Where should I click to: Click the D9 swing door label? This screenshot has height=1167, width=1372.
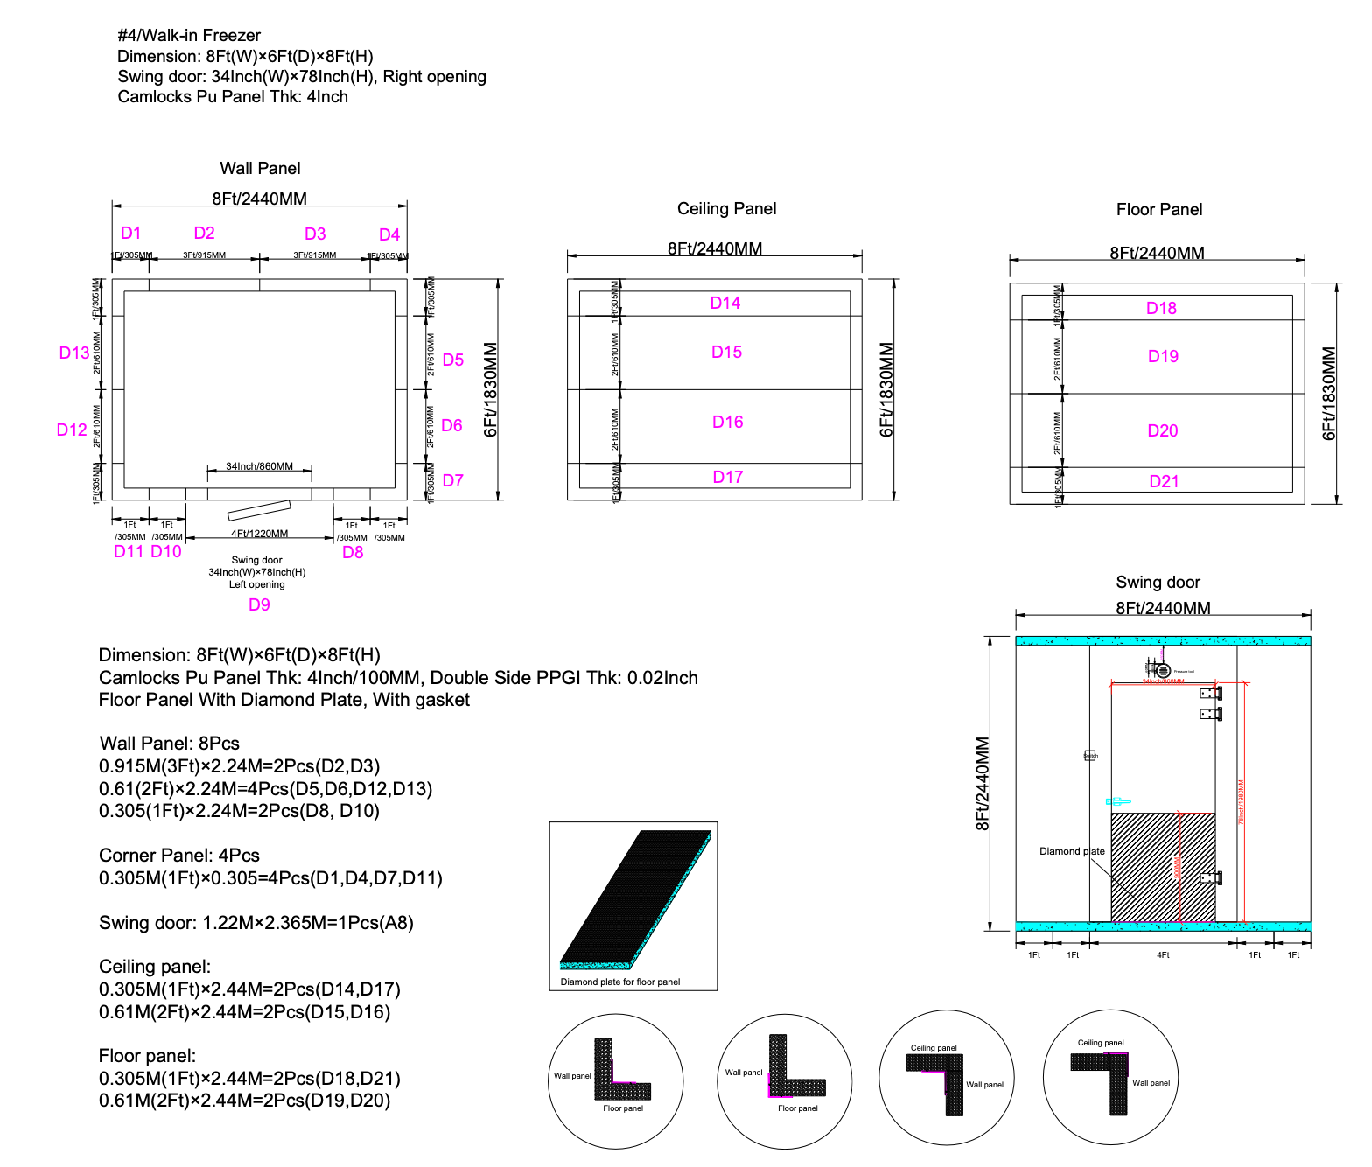tap(259, 604)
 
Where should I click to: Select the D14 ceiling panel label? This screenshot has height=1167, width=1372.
tap(724, 303)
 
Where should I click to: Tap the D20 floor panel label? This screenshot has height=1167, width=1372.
tap(1162, 430)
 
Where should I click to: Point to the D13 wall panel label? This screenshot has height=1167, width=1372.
tap(73, 353)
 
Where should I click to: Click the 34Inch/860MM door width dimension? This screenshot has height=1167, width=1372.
tap(259, 466)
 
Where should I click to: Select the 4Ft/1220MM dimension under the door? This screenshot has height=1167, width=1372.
tap(259, 534)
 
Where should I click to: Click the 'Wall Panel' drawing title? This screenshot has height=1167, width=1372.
tap(260, 168)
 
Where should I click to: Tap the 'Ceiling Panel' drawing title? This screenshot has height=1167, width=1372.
tap(726, 208)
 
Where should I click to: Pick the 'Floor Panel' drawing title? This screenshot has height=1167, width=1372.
tap(1158, 209)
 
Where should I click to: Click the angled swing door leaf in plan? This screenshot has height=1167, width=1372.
tap(259, 510)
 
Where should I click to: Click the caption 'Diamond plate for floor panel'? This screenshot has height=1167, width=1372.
tap(619, 982)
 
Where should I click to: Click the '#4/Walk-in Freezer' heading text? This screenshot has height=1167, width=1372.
tap(189, 35)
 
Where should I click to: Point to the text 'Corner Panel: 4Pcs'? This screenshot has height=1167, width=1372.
tap(179, 856)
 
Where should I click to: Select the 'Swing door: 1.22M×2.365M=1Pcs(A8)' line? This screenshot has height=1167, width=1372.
tap(255, 923)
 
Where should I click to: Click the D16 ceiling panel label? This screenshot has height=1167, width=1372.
tap(727, 422)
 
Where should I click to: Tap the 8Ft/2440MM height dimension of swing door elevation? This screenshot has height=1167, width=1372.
tap(983, 783)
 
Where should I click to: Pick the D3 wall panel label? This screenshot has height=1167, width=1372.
tap(315, 234)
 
